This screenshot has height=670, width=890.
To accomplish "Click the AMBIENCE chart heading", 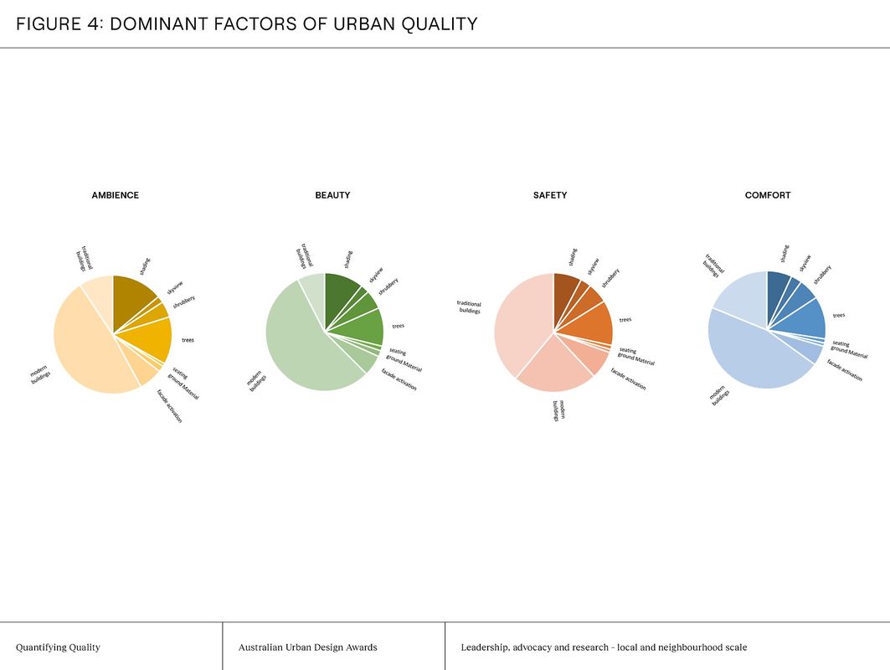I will (x=115, y=195).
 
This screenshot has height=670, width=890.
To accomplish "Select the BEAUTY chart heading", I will (x=332, y=195).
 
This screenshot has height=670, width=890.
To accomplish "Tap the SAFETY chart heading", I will (x=550, y=195).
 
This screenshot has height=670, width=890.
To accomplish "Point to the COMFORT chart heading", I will (x=768, y=195).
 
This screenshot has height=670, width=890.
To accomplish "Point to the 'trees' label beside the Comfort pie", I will (x=838, y=315).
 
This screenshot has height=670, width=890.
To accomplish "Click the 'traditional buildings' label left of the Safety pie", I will (x=469, y=307).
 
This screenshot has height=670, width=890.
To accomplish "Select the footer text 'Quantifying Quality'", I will (x=58, y=647).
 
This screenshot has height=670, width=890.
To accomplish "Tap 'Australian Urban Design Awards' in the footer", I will (x=307, y=647).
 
